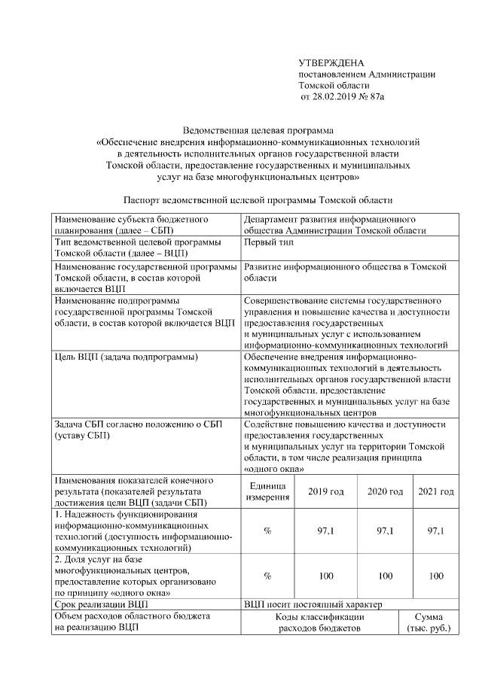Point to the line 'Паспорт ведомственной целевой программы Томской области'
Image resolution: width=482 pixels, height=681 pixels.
[x=258, y=201]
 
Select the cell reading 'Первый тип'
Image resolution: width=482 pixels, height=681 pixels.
[x=269, y=242]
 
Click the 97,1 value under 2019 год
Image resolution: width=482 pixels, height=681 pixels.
[x=326, y=531]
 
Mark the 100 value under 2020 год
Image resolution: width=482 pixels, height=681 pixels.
[x=385, y=576]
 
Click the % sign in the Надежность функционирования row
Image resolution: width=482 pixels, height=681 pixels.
[x=267, y=531]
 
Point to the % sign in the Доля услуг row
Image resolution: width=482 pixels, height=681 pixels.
[x=267, y=576]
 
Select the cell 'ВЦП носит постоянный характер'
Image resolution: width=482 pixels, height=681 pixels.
[x=313, y=604]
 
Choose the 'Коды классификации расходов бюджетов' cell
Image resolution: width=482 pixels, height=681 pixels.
[x=319, y=622]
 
